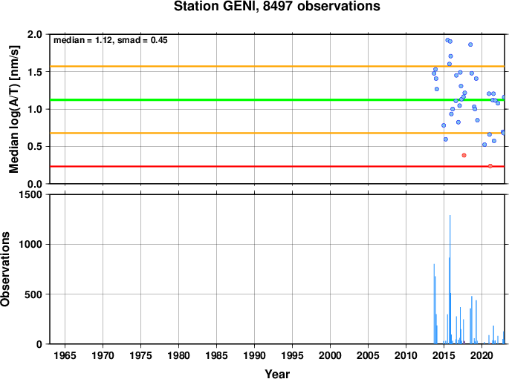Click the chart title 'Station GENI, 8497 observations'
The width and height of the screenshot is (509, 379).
click(277, 7)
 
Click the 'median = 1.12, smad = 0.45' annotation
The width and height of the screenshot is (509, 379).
click(111, 40)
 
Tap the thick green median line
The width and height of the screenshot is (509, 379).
click(277, 100)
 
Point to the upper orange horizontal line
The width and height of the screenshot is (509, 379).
click(277, 67)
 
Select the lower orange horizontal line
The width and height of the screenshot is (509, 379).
click(277, 134)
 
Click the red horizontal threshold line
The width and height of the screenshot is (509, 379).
click(277, 166)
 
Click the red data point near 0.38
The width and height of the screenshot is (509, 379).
click(464, 155)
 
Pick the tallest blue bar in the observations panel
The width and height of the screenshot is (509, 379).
click(450, 279)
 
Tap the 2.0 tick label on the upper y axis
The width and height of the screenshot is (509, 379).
click(35, 34)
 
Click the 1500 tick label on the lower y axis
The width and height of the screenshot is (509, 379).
click(30, 194)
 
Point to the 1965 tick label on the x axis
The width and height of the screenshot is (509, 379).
click(65, 356)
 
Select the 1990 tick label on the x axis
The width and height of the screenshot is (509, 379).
click(254, 356)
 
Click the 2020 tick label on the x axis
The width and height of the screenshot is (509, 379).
click(482, 356)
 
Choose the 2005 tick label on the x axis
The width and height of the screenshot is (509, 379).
click(368, 356)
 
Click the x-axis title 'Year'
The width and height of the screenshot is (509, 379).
click(277, 374)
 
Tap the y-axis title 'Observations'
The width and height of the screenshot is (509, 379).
click(5, 269)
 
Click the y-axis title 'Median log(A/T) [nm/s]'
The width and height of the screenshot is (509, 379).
click(14, 109)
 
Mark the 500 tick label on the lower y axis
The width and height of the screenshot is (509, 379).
click(33, 294)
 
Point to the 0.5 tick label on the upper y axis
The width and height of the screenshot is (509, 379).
click(35, 146)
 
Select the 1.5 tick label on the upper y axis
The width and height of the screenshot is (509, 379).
click(35, 72)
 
